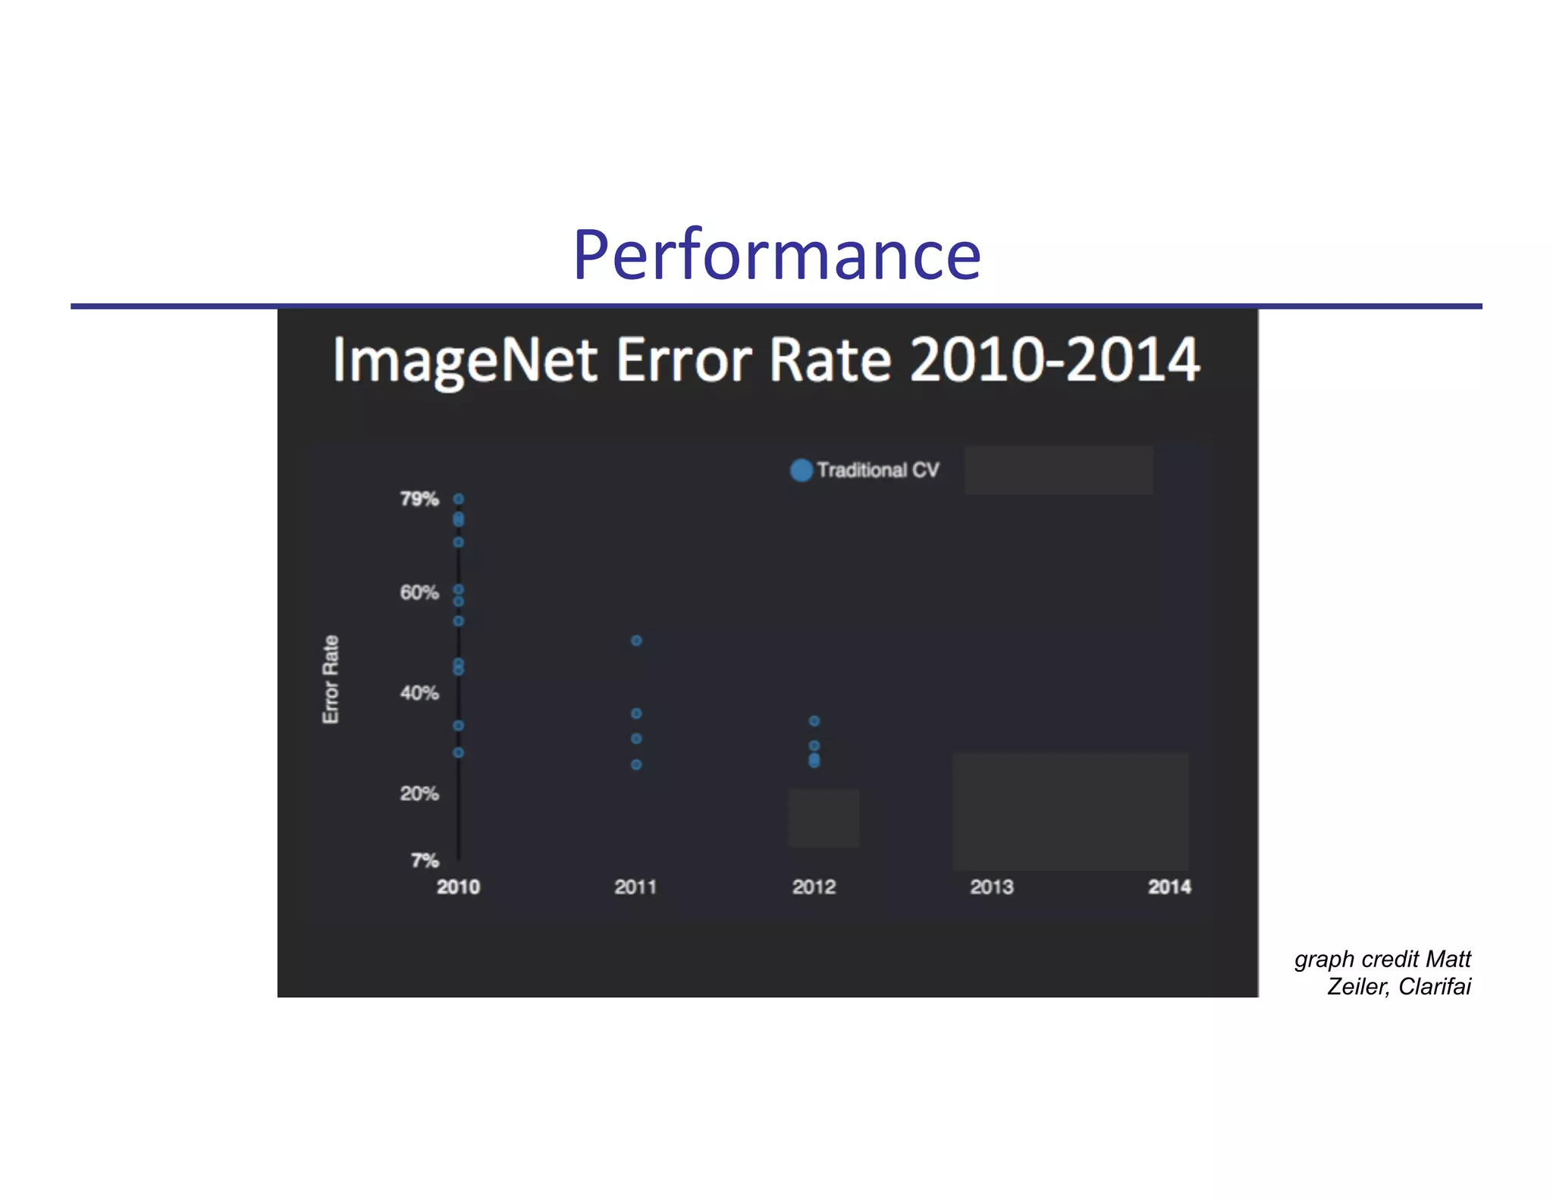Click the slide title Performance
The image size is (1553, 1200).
(776, 255)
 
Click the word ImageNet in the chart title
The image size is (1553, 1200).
(465, 360)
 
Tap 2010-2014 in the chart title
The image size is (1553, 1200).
(1054, 360)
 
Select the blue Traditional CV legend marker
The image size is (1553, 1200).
(801, 470)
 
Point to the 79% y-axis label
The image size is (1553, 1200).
(419, 499)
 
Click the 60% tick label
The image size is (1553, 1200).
(419, 592)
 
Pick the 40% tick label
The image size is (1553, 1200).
(419, 693)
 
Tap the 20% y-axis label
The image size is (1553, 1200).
(419, 793)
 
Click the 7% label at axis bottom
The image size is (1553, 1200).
(425, 860)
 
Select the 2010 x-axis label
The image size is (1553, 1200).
(458, 887)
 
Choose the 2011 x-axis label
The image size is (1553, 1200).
(635, 887)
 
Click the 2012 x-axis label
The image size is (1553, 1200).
(814, 887)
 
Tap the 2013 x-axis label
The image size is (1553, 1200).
(991, 887)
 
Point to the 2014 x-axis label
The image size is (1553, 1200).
(1169, 887)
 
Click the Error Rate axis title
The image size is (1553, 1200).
(331, 679)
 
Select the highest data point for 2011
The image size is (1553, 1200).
(636, 640)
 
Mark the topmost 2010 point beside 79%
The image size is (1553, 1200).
(458, 498)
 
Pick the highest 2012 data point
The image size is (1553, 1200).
(814, 721)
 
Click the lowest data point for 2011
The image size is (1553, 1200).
(636, 765)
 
